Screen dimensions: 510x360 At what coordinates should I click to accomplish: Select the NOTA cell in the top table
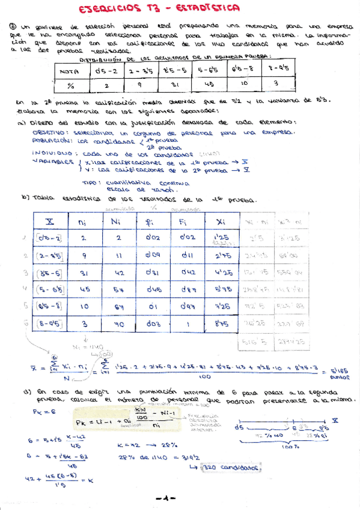70,71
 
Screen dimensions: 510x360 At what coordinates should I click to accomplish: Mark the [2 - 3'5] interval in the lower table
47,255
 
